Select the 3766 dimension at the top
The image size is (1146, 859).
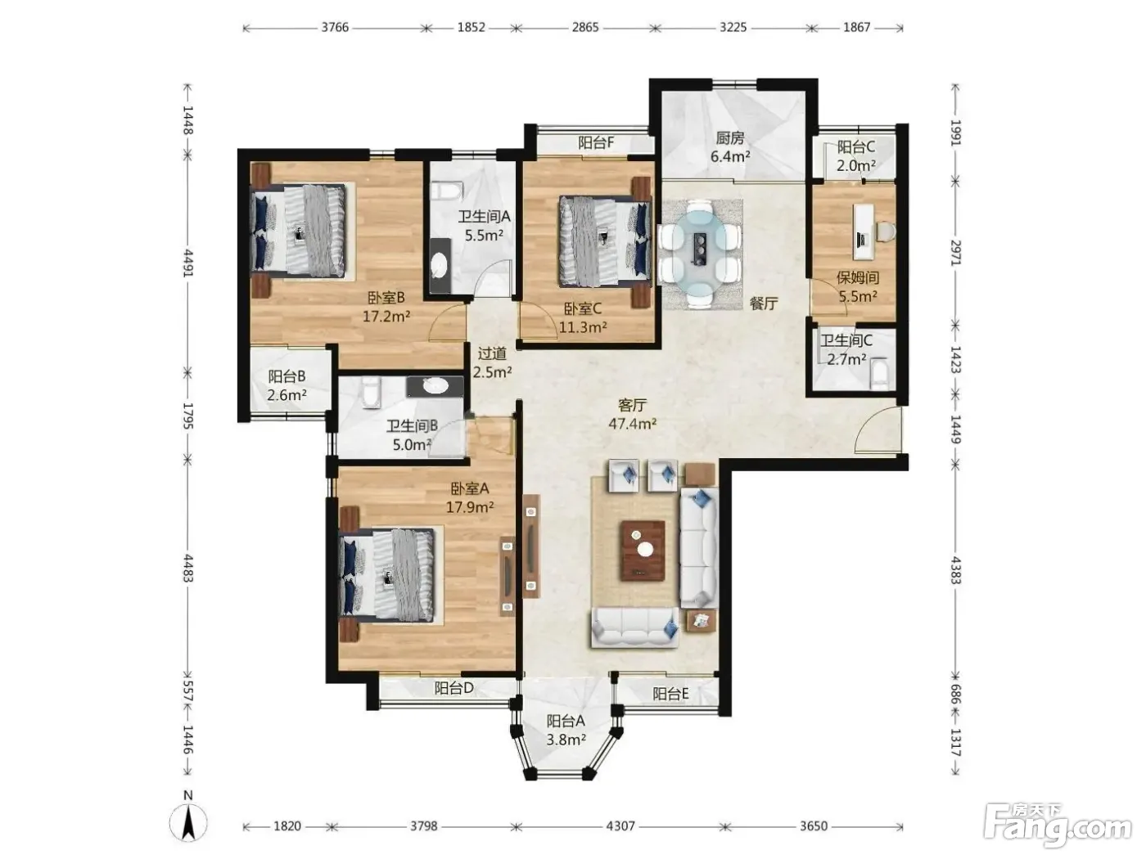[x=335, y=27]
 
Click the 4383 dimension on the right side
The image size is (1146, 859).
[x=955, y=570]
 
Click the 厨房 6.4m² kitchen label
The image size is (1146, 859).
[x=730, y=147]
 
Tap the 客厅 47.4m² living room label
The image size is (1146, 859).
[x=632, y=414]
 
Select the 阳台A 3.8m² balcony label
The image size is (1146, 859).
[x=566, y=730]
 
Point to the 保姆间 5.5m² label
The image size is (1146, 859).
[x=858, y=287]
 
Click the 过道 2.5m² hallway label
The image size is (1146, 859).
[x=492, y=362]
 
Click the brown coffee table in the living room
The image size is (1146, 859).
[x=643, y=551]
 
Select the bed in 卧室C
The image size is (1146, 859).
[x=605, y=241]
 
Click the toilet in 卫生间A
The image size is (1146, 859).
[x=445, y=191]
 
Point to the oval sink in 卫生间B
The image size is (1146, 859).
[x=435, y=386]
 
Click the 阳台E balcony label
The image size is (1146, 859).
[x=670, y=694]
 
